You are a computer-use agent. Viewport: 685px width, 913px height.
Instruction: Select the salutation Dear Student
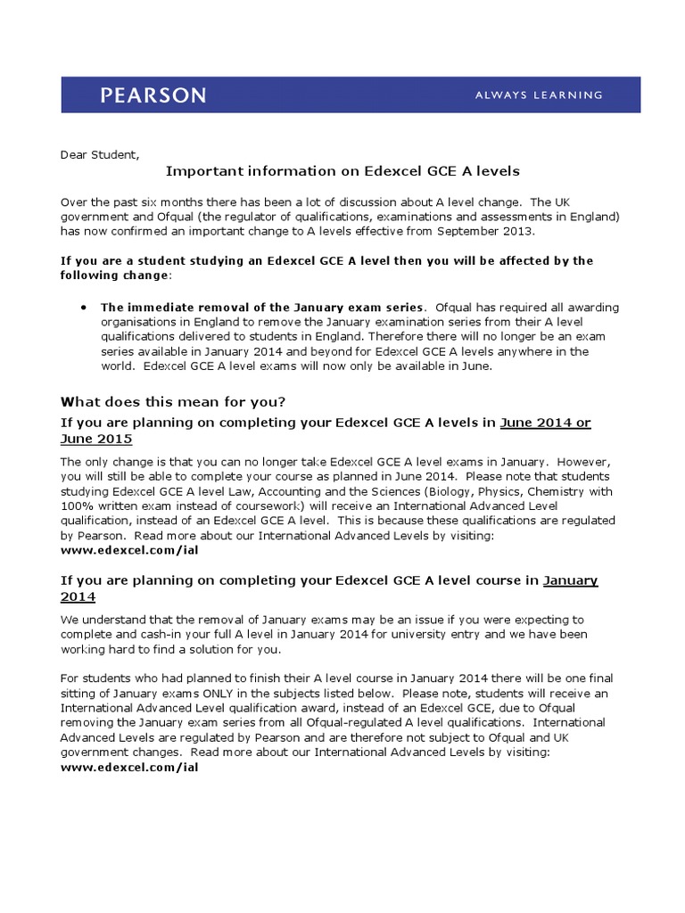tap(99, 154)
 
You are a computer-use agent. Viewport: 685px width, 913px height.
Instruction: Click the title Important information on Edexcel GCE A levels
tap(342, 170)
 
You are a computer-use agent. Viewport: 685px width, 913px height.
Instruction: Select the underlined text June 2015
tap(96, 439)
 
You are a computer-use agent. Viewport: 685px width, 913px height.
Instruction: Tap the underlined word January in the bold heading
tap(571, 580)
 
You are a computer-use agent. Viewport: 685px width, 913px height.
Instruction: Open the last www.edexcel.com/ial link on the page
tap(129, 767)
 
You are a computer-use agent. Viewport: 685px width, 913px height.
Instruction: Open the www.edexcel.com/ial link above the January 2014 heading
tap(129, 550)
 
